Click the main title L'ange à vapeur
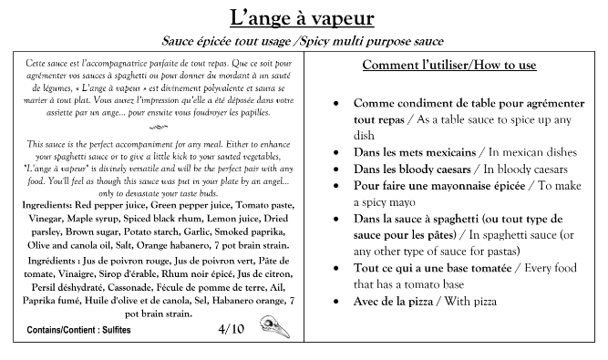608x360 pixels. (302, 17)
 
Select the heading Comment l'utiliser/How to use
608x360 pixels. (448, 66)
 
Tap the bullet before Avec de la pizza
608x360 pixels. (338, 300)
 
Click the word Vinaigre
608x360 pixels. (79, 273)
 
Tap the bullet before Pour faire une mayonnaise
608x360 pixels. (338, 185)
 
